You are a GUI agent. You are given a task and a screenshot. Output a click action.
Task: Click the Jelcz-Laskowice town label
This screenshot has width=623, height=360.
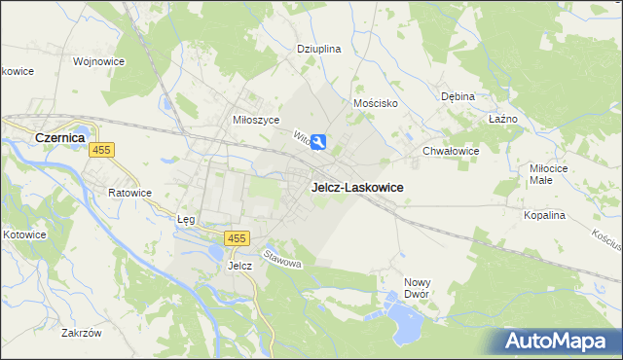tap(357, 187)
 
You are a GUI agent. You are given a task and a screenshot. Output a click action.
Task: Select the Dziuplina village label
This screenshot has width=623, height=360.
tap(318, 48)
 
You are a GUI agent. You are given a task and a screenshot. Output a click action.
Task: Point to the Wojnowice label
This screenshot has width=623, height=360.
tap(98, 60)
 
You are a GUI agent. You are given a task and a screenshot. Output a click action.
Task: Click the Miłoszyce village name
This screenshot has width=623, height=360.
tap(256, 119)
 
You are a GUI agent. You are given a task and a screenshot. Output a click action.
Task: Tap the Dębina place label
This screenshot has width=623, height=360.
tap(457, 96)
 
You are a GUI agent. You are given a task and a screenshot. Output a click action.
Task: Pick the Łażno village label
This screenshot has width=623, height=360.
tap(502, 118)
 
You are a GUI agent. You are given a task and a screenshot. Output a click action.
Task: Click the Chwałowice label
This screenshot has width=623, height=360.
tap(451, 151)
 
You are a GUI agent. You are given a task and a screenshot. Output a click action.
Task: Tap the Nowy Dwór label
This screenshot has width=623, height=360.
tap(417, 288)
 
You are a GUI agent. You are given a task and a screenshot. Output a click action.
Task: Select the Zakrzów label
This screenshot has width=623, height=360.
tap(81, 333)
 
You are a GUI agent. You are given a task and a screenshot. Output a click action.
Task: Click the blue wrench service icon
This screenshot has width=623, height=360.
tap(319, 144)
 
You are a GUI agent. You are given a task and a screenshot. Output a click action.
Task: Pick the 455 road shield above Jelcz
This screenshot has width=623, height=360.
tap(237, 238)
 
